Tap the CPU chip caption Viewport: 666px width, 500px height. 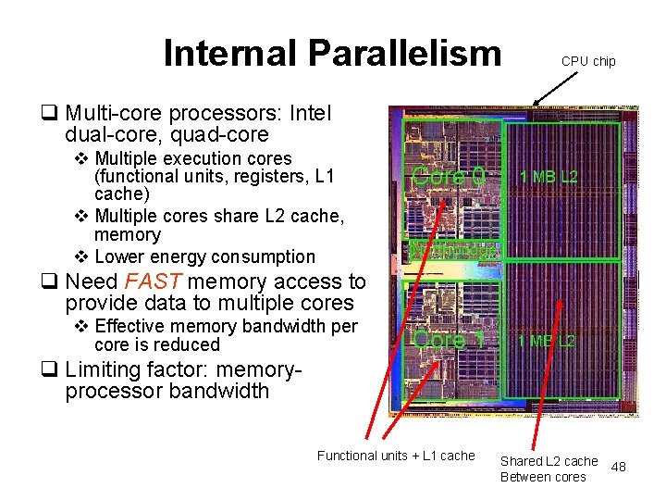[x=588, y=61]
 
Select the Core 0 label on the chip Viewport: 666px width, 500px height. [x=448, y=176]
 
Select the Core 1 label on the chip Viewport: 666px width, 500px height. [x=450, y=340]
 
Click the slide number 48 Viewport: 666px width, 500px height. [x=619, y=467]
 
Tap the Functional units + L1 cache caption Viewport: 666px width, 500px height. [x=396, y=456]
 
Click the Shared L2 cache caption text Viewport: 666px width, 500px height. [x=549, y=461]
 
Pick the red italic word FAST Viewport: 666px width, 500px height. [x=154, y=281]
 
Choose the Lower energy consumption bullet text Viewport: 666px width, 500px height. [x=204, y=256]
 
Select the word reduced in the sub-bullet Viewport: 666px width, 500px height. [x=189, y=344]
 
